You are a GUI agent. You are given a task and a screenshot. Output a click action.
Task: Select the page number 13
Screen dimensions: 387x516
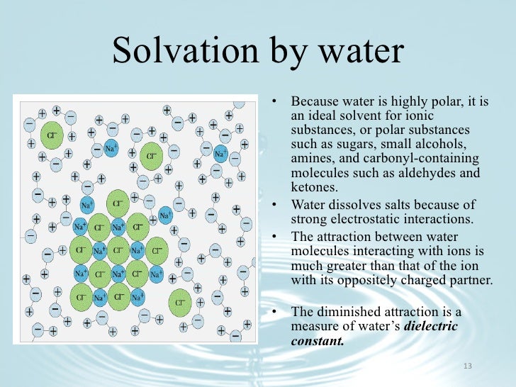[x=466, y=366]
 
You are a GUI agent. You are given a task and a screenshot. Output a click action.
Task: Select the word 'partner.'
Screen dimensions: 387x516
[x=469, y=279]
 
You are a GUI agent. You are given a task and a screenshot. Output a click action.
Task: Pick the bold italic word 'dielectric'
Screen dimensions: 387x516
[x=431, y=326]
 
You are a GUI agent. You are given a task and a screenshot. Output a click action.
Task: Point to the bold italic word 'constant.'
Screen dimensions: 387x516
[x=318, y=340]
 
